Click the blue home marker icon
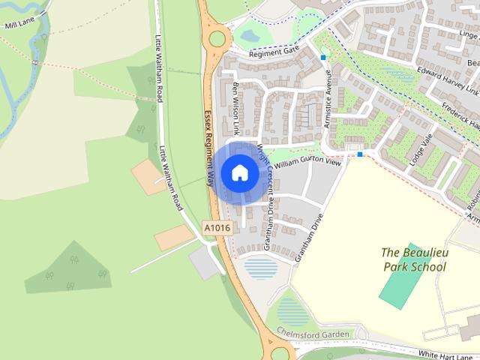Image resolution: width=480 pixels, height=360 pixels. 240,173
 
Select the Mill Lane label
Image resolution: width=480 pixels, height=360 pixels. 20,25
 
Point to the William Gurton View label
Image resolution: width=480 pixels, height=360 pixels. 307,163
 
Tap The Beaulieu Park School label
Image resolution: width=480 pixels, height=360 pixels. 413,259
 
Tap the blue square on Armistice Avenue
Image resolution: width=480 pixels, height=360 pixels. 323,57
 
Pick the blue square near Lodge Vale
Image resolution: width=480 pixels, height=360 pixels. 361,154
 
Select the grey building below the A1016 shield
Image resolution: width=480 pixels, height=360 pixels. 205,263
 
